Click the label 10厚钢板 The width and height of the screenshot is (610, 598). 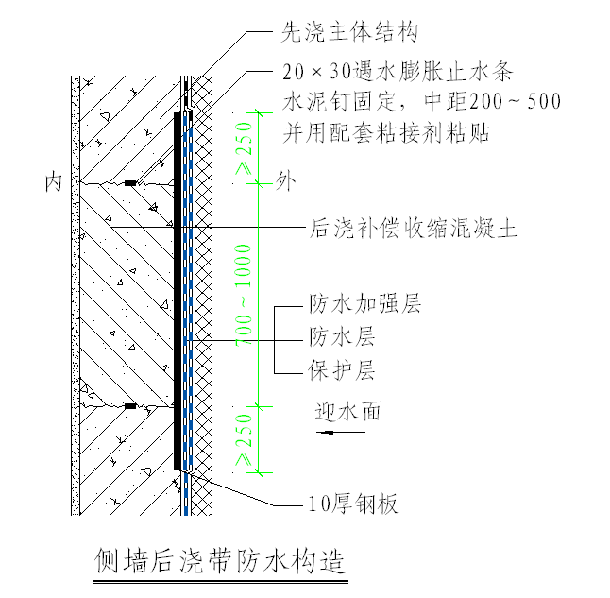point(341,504)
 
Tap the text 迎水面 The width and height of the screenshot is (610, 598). point(347,411)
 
